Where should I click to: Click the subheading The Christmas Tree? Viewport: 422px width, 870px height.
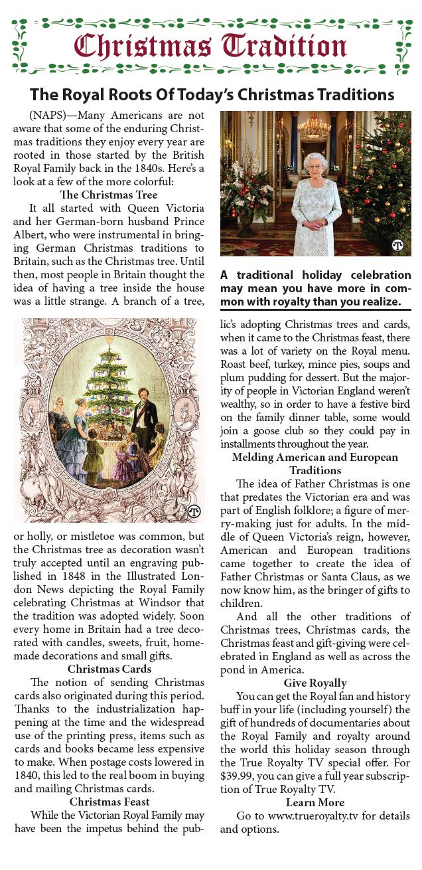point(109,195)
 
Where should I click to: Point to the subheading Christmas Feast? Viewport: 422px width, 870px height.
point(109,802)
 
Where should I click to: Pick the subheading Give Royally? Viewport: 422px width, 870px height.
point(315,682)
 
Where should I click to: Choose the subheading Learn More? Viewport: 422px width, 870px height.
point(315,802)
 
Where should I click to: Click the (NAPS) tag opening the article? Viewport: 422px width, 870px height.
point(49,114)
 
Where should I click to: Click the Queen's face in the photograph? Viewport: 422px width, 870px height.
point(311,165)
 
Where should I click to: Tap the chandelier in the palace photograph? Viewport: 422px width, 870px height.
point(315,126)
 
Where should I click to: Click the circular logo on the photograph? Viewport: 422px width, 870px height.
point(398,244)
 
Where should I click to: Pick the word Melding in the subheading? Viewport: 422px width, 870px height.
point(256,457)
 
